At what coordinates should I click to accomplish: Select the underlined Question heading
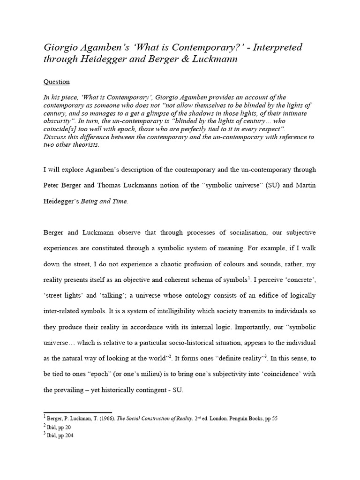(56, 82)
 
